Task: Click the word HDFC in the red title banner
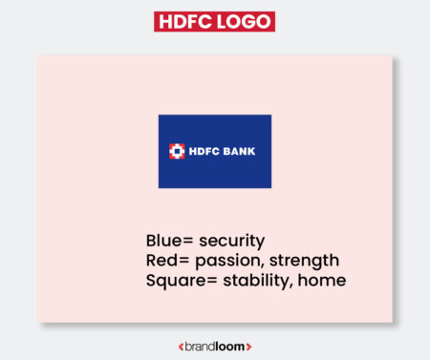point(187,22)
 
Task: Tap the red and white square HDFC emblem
point(177,151)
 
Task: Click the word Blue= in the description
point(170,241)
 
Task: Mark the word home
point(324,281)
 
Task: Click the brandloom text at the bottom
point(215,346)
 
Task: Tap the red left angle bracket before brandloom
point(182,346)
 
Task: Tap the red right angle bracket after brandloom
point(248,346)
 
